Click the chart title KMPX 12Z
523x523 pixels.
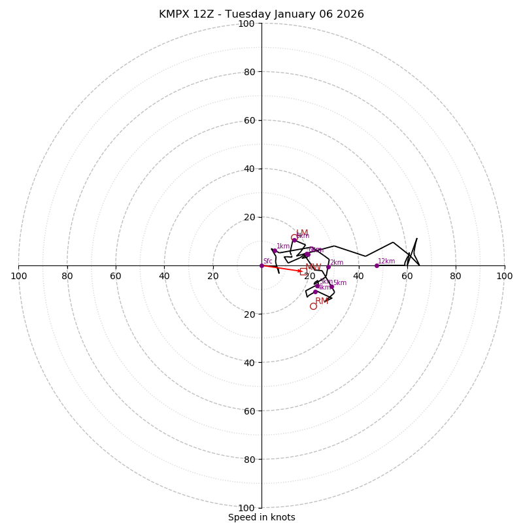click(x=261, y=14)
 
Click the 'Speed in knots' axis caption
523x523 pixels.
click(x=261, y=517)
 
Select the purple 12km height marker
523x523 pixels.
click(x=377, y=265)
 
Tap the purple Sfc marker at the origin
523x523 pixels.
click(x=261, y=265)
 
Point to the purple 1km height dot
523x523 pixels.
click(x=275, y=251)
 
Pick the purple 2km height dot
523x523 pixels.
click(x=328, y=267)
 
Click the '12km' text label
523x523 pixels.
click(x=386, y=261)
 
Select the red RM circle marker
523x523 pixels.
click(x=313, y=306)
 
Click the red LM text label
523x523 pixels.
click(x=302, y=233)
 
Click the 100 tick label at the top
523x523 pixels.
click(x=246, y=24)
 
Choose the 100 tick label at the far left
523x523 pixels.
click(x=18, y=276)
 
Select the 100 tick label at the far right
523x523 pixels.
click(x=504, y=276)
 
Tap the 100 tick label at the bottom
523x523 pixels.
click(x=246, y=508)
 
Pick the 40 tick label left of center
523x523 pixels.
click(x=164, y=276)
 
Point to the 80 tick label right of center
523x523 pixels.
click(x=456, y=276)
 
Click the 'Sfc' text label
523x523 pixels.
click(x=267, y=261)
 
